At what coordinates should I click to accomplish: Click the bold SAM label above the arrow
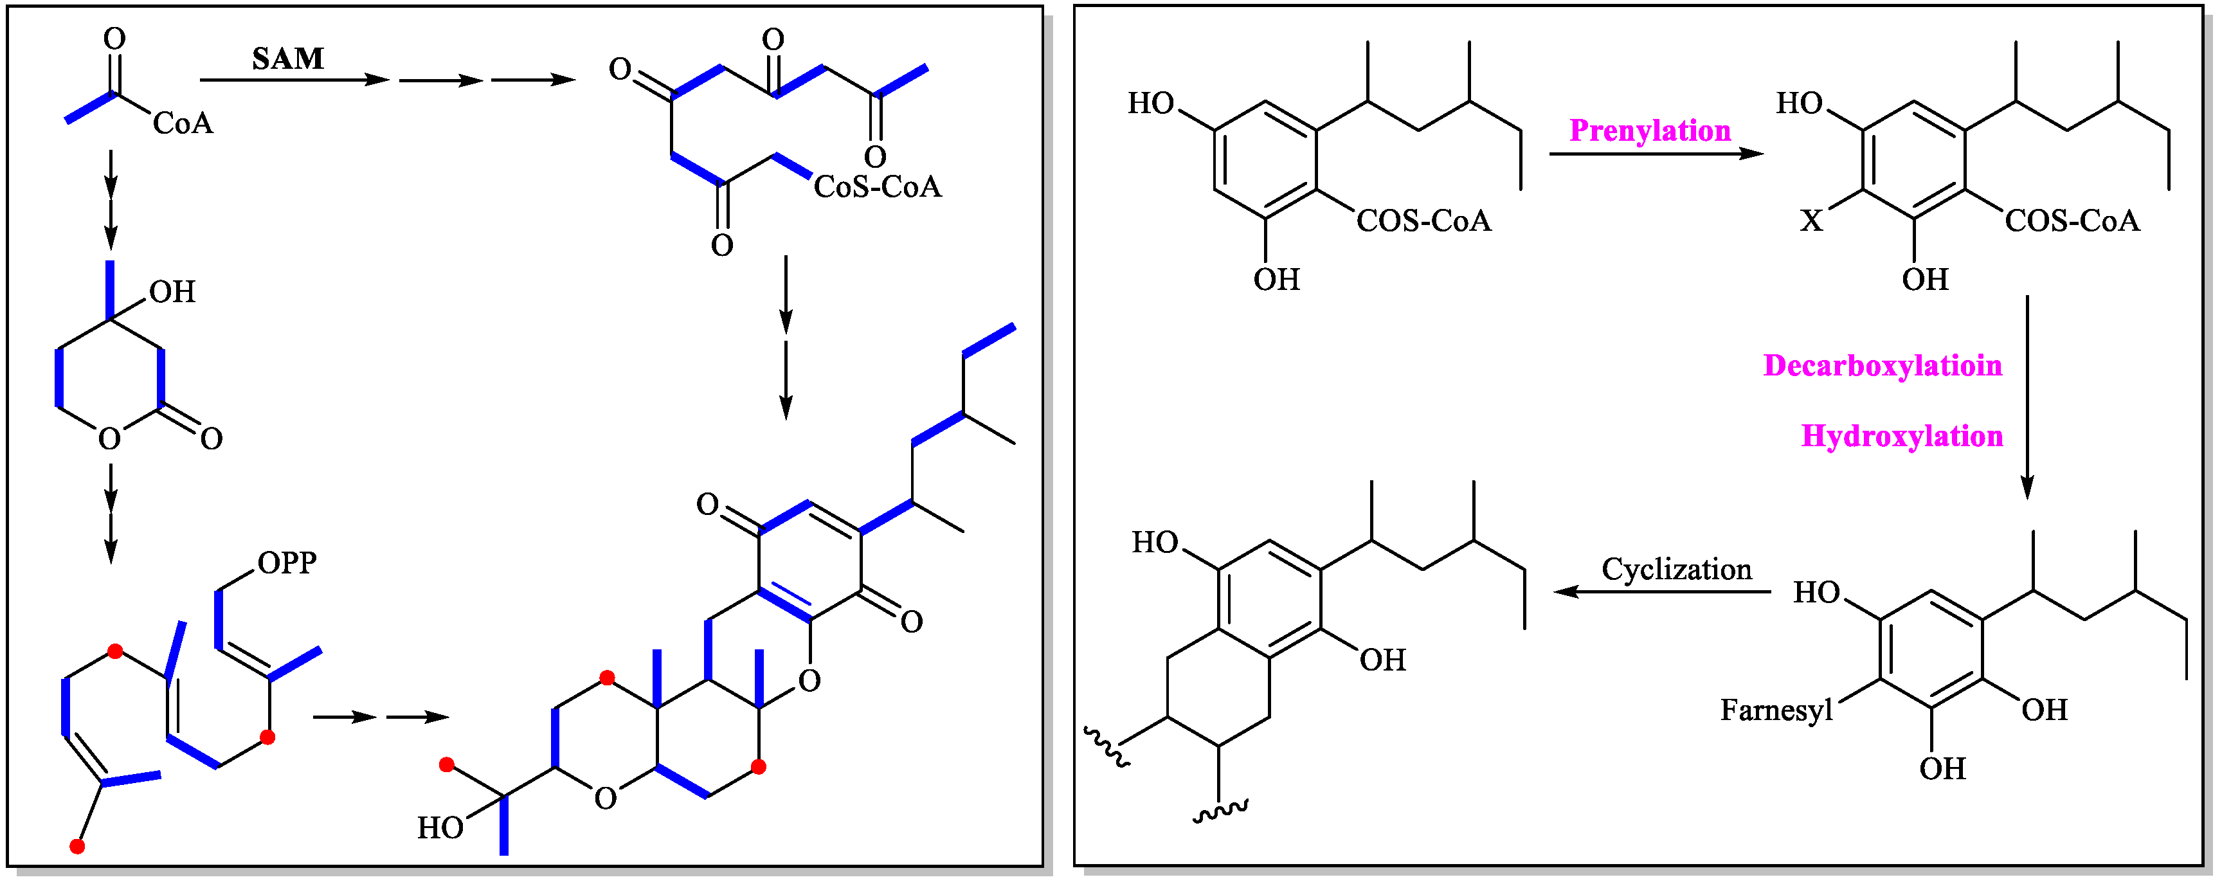[x=288, y=59]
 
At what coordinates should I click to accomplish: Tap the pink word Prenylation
[x=1649, y=131]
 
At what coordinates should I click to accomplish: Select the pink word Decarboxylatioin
[x=1882, y=366]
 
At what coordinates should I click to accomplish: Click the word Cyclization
[x=1676, y=569]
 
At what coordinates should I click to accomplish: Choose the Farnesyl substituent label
[x=1776, y=710]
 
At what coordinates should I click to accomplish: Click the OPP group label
[x=287, y=563]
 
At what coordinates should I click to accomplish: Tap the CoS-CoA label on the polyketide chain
[x=877, y=186]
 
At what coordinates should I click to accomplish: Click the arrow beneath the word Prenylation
[x=1656, y=154]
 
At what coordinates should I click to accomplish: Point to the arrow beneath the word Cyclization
[x=1661, y=591]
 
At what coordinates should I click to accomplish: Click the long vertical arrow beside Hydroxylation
[x=2027, y=397]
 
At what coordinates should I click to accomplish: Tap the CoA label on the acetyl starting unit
[x=183, y=123]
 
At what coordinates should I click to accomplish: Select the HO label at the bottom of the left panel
[x=440, y=828]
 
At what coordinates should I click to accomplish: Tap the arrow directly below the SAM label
[x=293, y=80]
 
